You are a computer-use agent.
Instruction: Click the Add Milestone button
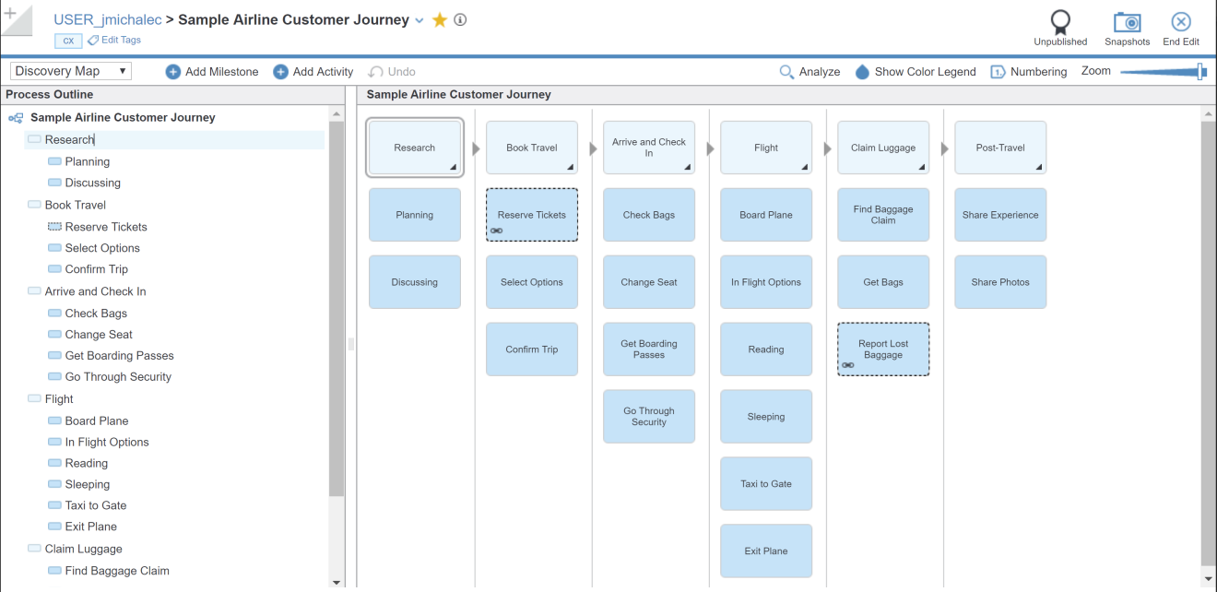[212, 72]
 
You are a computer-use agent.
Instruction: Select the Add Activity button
[313, 72]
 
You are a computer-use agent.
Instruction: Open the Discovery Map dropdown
[71, 71]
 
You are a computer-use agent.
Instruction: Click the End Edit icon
[1180, 23]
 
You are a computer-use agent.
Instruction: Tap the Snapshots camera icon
[1127, 23]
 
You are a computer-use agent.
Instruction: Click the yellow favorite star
[440, 20]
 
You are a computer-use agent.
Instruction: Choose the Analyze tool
[809, 72]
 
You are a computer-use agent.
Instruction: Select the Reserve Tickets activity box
[532, 215]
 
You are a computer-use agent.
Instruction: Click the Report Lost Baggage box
[883, 349]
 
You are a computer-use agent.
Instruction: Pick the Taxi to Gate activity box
[766, 483]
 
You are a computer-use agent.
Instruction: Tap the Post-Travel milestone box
[1000, 148]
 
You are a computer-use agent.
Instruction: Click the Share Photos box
[1000, 282]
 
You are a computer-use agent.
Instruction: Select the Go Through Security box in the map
[649, 417]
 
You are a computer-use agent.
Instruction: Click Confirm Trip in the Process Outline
[96, 269]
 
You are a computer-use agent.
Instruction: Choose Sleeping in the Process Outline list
[87, 484]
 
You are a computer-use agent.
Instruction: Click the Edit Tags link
[121, 41]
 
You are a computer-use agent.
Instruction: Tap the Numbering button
[1029, 72]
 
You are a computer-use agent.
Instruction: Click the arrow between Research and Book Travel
[476, 148]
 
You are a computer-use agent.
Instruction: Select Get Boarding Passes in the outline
[119, 356]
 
